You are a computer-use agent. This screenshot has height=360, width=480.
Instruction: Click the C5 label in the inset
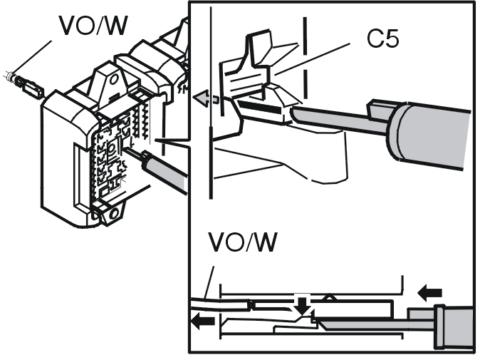(382, 38)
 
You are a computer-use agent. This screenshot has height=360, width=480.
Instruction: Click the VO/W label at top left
(93, 25)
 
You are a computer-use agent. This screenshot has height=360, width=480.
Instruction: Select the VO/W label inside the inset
(243, 242)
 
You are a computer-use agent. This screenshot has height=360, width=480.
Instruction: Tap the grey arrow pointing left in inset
(206, 98)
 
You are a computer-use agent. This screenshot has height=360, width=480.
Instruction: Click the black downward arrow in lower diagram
(303, 305)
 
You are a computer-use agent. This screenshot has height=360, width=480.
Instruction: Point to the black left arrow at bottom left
(203, 321)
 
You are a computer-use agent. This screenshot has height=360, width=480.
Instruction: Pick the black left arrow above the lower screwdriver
(430, 293)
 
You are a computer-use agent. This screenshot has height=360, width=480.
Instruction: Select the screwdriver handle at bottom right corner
(454, 327)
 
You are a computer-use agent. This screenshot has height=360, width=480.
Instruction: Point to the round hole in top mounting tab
(114, 79)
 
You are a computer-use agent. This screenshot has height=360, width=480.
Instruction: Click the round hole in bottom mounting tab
(114, 212)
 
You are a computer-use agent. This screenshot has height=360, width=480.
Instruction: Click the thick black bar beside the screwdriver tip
(259, 106)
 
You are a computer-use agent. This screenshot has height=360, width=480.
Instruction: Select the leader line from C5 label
(312, 59)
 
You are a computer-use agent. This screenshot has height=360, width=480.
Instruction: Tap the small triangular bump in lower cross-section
(329, 297)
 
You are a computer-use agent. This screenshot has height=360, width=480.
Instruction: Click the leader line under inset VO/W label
(209, 283)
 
